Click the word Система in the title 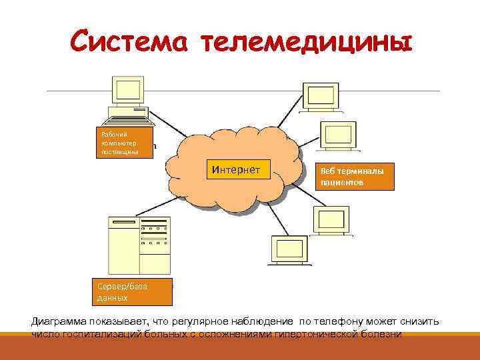pos(128,42)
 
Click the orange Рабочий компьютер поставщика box pos(125,143)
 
